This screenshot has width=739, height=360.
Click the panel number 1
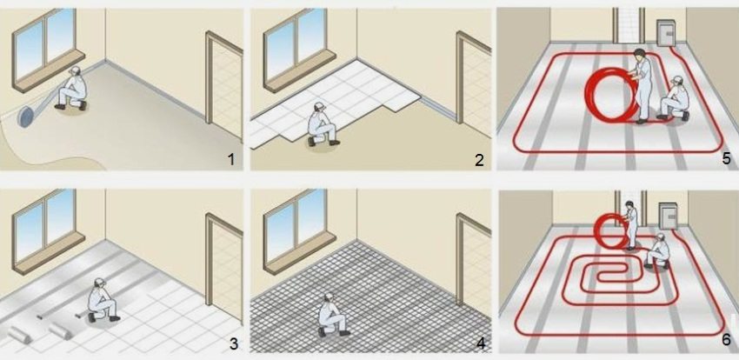[x=230, y=158]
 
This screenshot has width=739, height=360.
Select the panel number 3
[x=232, y=343]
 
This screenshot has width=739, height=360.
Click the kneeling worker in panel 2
[x=324, y=126]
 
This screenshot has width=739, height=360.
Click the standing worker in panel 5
[x=640, y=83]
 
